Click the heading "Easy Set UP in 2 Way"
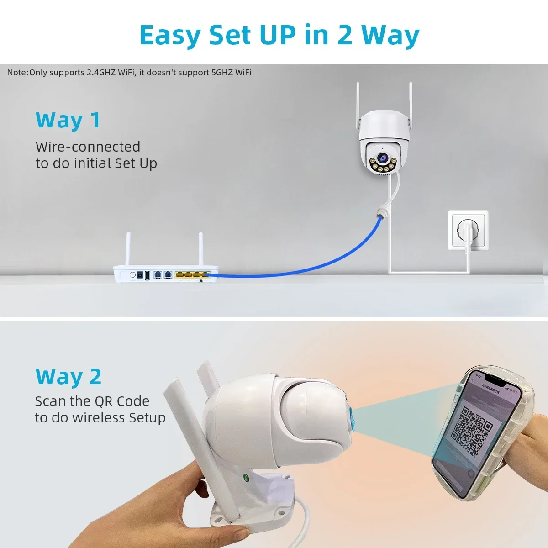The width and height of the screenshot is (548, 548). point(279,35)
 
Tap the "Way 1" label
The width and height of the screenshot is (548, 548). point(68,121)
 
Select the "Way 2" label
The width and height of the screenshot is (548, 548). point(68,377)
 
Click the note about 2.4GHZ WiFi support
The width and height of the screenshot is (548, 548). point(129,73)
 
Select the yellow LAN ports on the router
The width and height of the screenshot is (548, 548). point(192,275)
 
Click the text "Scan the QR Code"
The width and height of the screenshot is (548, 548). point(92,401)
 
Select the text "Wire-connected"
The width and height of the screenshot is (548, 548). point(88,147)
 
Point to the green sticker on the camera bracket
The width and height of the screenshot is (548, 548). point(245,478)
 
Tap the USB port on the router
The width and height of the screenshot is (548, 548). point(146,276)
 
